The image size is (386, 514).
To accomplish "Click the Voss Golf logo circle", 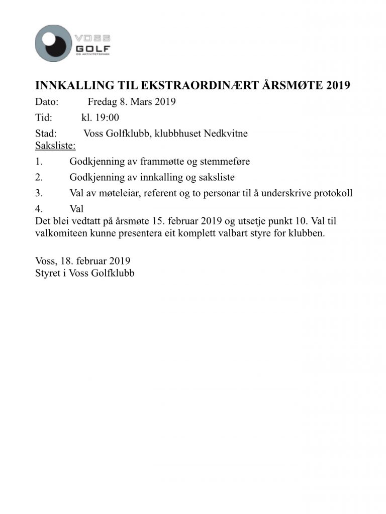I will (x=54, y=43).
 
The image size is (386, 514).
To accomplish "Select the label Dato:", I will (x=47, y=102).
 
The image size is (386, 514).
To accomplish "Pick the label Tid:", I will (x=45, y=118).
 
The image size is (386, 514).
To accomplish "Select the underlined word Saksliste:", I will (x=55, y=146).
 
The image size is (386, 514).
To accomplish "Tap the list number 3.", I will (x=39, y=193).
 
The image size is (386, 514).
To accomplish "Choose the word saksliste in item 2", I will (x=217, y=178).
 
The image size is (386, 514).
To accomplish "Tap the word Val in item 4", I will (x=76, y=209).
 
